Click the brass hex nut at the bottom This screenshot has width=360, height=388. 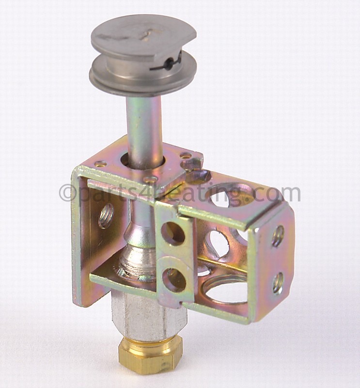(x=150, y=354)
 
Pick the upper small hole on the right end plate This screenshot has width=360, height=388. (x=278, y=236)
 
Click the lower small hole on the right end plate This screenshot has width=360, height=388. (x=278, y=283)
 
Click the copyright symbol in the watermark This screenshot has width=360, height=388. (x=66, y=193)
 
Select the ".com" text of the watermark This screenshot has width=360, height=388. (x=279, y=194)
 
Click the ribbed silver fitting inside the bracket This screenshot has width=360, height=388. (x=136, y=257)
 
